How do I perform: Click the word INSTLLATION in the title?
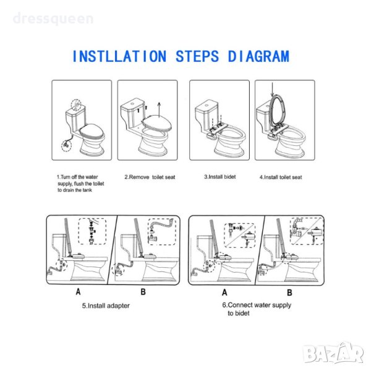tap(119, 56)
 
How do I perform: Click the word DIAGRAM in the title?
tap(258, 56)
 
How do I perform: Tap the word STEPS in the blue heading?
tap(197, 56)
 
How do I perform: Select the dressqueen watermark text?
tap(53, 19)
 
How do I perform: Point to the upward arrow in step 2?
tap(160, 110)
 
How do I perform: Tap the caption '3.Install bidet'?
tap(220, 177)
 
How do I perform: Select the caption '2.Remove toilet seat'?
tap(150, 177)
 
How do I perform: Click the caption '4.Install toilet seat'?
tap(281, 177)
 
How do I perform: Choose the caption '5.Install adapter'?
tap(106, 305)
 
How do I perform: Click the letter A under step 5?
tap(78, 292)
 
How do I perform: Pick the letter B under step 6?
tap(289, 292)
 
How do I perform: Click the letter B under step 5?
tap(143, 292)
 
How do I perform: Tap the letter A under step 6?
tap(224, 292)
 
